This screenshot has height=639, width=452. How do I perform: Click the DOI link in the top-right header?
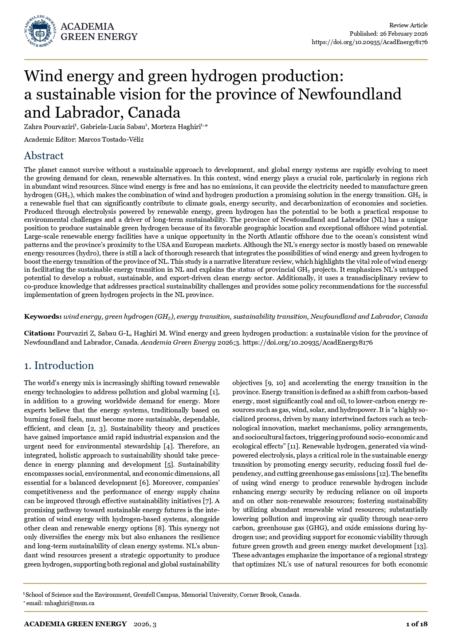369,42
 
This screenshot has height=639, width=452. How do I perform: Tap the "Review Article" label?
408,26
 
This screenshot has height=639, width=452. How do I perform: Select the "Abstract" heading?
44,156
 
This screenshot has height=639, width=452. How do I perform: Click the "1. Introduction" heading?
59,366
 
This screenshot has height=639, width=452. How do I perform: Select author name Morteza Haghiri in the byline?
175,127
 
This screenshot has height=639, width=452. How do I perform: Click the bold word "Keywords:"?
43,317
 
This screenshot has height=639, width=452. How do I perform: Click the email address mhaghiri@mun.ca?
69,603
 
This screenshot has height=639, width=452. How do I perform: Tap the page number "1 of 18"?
417,624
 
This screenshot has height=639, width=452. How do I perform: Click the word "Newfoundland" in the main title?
350,94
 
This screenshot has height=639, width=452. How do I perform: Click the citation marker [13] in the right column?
421,546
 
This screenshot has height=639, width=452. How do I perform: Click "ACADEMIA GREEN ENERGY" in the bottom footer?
75,624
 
